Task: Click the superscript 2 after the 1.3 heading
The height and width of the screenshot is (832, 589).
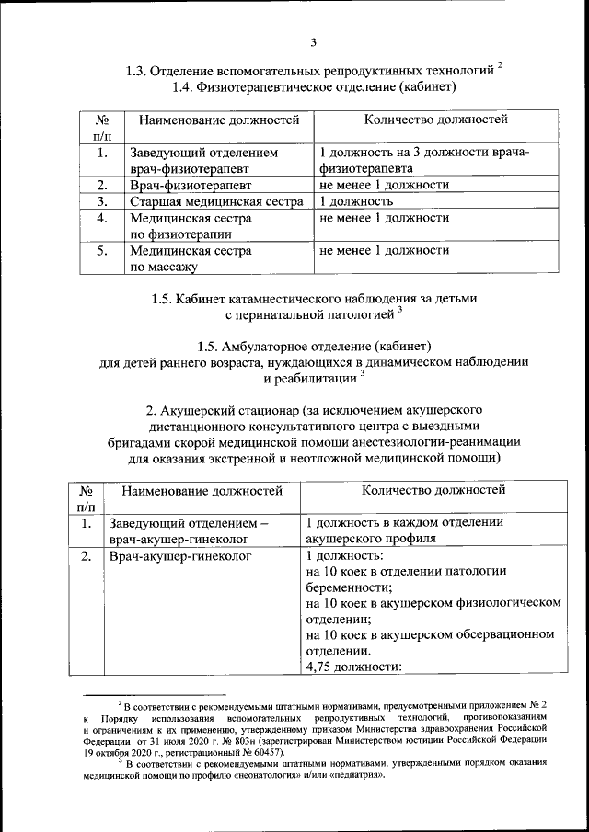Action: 500,65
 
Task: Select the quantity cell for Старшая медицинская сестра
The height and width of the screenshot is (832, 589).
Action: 356,201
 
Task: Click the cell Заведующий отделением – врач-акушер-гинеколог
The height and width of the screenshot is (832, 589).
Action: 189,531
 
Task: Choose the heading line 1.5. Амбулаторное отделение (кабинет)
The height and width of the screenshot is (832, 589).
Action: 314,346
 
